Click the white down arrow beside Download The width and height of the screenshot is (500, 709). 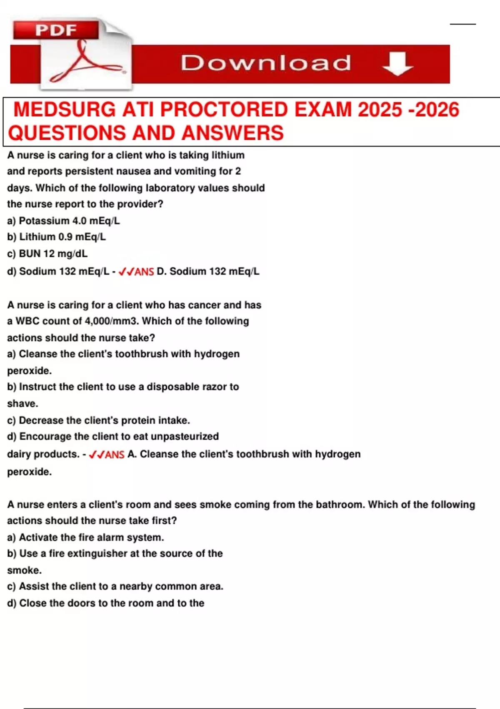397,64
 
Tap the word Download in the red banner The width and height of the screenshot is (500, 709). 266,63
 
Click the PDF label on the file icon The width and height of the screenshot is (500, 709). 56,30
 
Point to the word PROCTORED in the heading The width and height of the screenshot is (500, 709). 224,110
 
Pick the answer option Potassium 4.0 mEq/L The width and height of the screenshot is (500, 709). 63,221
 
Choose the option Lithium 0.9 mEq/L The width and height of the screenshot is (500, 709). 57,237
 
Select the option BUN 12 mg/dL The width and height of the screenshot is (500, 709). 47,254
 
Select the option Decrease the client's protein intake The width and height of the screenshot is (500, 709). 98,420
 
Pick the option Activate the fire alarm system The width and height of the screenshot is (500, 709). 85,538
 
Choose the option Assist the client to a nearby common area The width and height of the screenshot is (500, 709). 115,586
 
